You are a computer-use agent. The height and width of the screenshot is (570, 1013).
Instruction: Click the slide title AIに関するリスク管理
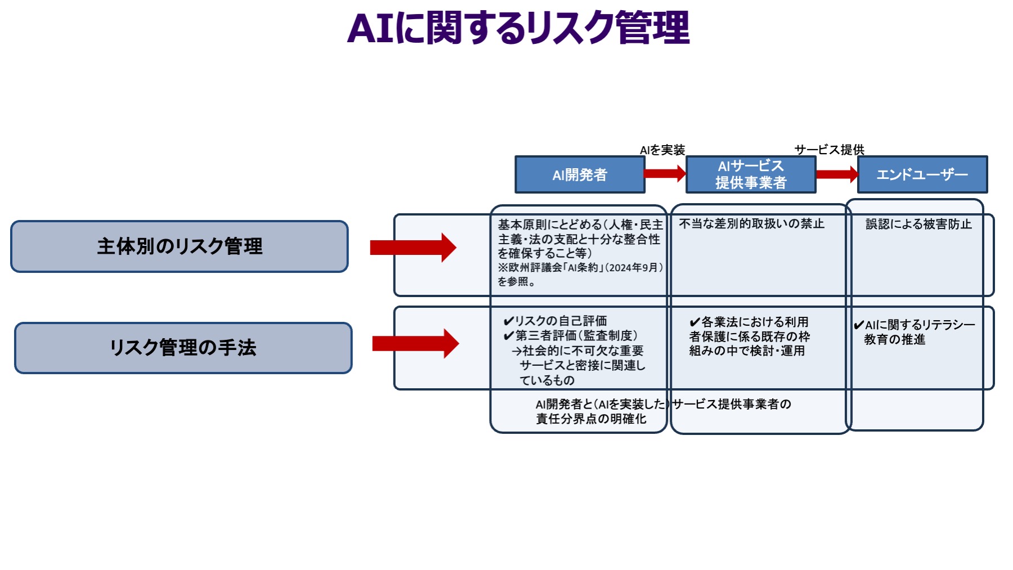pos(518,28)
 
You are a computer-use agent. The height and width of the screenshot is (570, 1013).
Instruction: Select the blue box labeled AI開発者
pos(580,175)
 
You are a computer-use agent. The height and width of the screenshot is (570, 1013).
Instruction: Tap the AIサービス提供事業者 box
pos(751,174)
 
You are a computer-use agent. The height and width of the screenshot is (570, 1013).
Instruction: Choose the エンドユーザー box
pos(922,175)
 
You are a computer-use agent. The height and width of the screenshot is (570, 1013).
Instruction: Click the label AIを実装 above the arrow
pos(662,150)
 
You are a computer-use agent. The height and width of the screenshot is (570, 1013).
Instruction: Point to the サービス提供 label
pos(829,150)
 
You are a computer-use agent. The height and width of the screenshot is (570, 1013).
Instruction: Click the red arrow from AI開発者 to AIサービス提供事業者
pos(665,173)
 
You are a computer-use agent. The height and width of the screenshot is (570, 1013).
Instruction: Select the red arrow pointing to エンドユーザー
pos(836,174)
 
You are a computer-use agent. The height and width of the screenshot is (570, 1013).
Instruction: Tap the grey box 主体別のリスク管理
pos(180,246)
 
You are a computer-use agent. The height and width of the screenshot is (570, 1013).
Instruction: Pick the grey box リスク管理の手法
pos(183,348)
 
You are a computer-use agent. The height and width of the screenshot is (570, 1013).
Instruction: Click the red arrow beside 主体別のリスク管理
pos(413,248)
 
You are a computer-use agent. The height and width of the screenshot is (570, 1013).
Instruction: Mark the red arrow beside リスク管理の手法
pos(415,343)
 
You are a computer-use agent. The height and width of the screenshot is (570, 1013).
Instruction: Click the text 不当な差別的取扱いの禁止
pos(751,224)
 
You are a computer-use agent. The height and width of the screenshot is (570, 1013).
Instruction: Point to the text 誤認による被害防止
pos(918,225)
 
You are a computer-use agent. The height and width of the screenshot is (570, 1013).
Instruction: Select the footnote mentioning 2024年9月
pos(580,268)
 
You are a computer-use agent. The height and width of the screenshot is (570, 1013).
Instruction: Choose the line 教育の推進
pos(894,340)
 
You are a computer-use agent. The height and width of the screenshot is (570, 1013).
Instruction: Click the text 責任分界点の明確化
pos(591,419)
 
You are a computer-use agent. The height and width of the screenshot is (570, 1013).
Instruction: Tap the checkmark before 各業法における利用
pos(694,322)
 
